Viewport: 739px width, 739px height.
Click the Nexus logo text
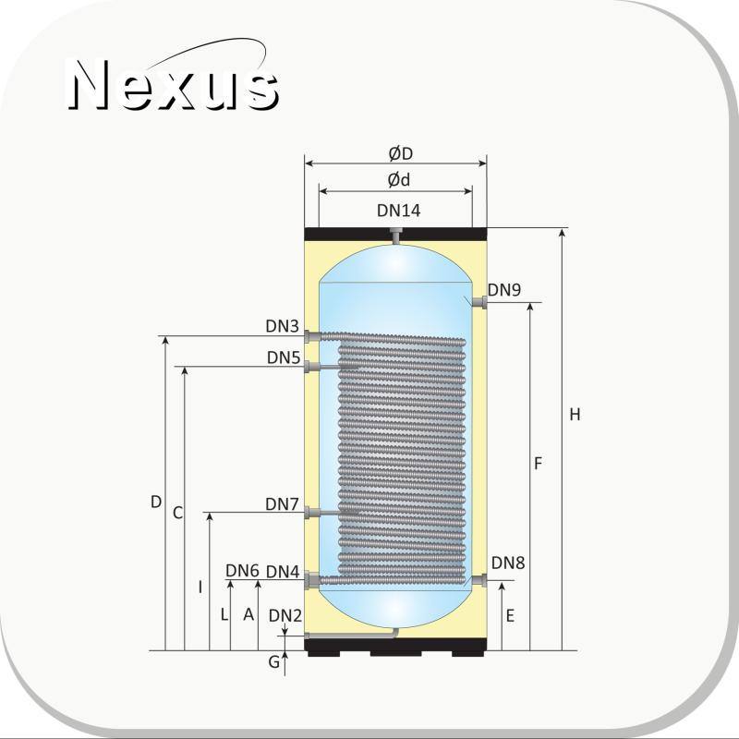tap(173, 84)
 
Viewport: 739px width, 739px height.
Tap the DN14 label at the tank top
tap(398, 211)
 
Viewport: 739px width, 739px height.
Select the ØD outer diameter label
tap(401, 153)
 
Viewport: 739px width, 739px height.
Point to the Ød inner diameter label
tap(399, 179)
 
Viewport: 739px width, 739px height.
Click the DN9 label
tap(503, 290)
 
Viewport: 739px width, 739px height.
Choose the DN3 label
tap(283, 326)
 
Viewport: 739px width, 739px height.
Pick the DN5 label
tap(284, 357)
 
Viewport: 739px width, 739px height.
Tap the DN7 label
tap(282, 504)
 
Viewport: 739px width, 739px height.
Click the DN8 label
tap(507, 563)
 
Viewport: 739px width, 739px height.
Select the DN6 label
tap(242, 571)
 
